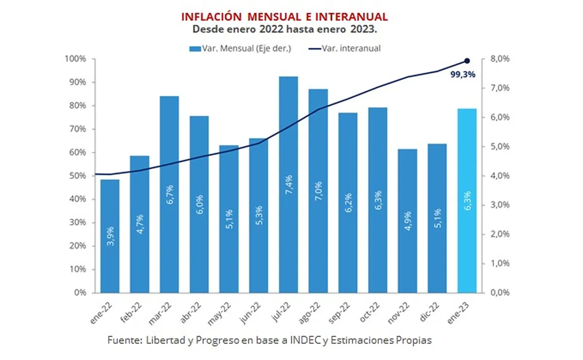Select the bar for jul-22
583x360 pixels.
pyautogui.click(x=289, y=185)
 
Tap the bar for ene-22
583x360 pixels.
pyautogui.click(x=110, y=236)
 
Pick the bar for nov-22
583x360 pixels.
pyautogui.click(x=407, y=221)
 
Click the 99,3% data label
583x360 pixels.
pyautogui.click(x=463, y=75)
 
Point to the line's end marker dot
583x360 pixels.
pyautogui.click(x=467, y=61)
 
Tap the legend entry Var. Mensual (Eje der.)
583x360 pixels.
pyautogui.click(x=240, y=48)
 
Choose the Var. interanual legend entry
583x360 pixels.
pyautogui.click(x=344, y=48)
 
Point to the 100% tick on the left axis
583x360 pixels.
pyautogui.click(x=76, y=59)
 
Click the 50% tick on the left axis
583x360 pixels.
pyautogui.click(x=78, y=176)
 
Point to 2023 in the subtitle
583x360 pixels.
pyautogui.click(x=365, y=29)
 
